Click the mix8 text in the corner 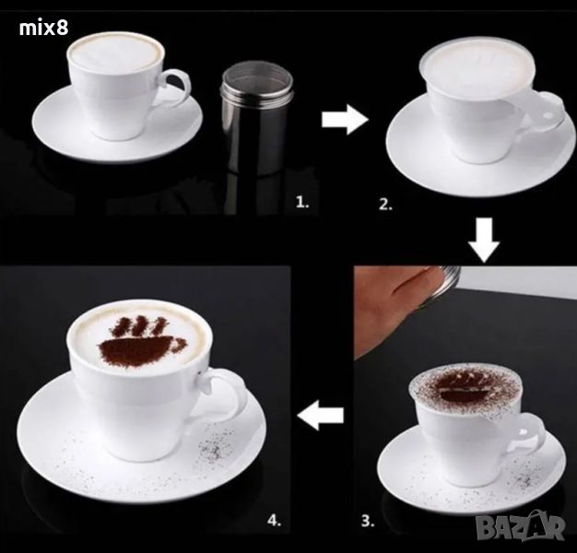coord(43,28)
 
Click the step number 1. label coord(302,202)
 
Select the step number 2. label coord(385,205)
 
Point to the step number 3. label coord(368,521)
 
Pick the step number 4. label coord(275,520)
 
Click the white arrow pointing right coord(345,120)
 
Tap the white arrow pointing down coord(484,240)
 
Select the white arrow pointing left coord(321,416)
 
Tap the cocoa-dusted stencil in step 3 coord(465,386)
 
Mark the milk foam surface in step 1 coord(115,53)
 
